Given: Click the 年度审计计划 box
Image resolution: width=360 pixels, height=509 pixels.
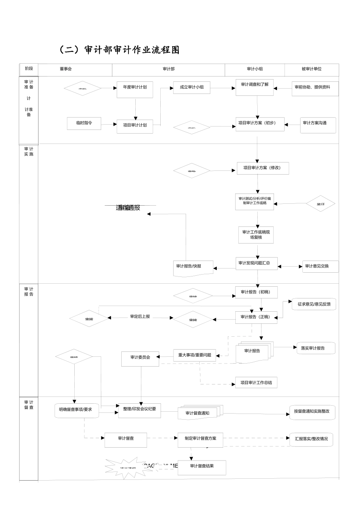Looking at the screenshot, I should pyautogui.click(x=135, y=90).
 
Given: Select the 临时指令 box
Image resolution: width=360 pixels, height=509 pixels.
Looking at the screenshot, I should pyautogui.click(x=84, y=123).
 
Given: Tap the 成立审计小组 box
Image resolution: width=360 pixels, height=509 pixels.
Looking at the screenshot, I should pyautogui.click(x=192, y=87).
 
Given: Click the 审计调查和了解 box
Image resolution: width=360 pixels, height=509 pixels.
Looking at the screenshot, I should pyautogui.click(x=255, y=87).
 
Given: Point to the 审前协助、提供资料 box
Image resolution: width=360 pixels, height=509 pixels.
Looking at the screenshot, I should pyautogui.click(x=315, y=89).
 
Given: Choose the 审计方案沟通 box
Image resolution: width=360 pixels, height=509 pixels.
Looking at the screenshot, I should pyautogui.click(x=318, y=125).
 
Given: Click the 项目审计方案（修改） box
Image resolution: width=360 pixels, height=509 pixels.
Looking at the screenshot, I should pyautogui.click(x=263, y=168).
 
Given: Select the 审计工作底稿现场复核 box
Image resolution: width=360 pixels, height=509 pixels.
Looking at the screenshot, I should pyautogui.click(x=256, y=235).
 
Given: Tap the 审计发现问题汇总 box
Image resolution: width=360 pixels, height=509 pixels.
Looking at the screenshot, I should pyautogui.click(x=257, y=264).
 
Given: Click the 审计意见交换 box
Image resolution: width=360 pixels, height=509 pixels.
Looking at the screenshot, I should pyautogui.click(x=320, y=266).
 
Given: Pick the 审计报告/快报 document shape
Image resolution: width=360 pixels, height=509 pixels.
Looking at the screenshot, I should pyautogui.click(x=193, y=268).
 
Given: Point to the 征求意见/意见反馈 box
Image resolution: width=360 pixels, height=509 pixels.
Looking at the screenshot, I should pyautogui.click(x=314, y=304).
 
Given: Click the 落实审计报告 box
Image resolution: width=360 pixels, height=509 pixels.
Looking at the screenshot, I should pyautogui.click(x=316, y=348).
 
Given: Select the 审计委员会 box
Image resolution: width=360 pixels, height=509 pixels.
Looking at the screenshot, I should pyautogui.click(x=140, y=358).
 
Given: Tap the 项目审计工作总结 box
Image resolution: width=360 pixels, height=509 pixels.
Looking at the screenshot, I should pyautogui.click(x=256, y=383).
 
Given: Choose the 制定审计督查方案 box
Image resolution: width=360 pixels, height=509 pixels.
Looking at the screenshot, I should pyautogui.click(x=200, y=439).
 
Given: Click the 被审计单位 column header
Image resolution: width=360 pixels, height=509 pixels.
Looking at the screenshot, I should pyautogui.click(x=311, y=69).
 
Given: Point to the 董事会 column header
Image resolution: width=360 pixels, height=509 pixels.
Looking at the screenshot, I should pyautogui.click(x=66, y=69).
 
